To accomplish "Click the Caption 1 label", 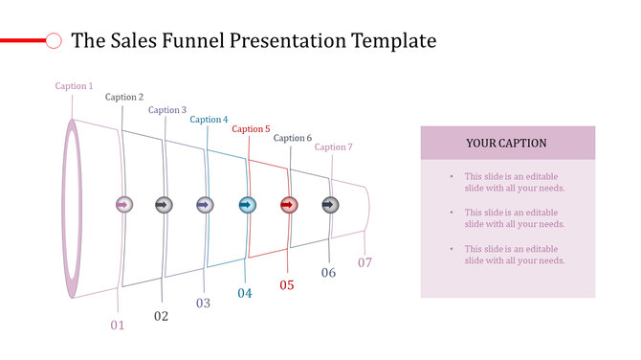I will click(x=74, y=86).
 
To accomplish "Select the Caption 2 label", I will click(x=124, y=97).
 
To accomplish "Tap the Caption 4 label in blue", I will click(x=209, y=120).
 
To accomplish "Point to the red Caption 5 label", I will click(x=251, y=129).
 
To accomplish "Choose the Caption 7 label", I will click(x=334, y=147).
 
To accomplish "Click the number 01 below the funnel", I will click(x=118, y=326).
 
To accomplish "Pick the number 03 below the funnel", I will click(x=203, y=304).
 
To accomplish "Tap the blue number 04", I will click(x=245, y=293).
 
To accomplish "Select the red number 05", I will click(x=287, y=284).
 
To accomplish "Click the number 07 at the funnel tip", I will click(x=365, y=262).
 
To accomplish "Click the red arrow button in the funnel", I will click(x=289, y=205).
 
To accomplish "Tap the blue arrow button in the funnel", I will click(x=247, y=205).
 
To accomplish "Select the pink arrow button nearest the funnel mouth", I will click(x=122, y=205).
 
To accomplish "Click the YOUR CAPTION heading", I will click(x=507, y=143).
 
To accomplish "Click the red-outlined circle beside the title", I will click(x=55, y=40).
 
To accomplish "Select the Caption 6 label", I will click(x=293, y=138).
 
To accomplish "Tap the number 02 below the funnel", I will click(x=161, y=316).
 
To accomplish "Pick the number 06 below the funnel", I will click(x=328, y=273).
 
